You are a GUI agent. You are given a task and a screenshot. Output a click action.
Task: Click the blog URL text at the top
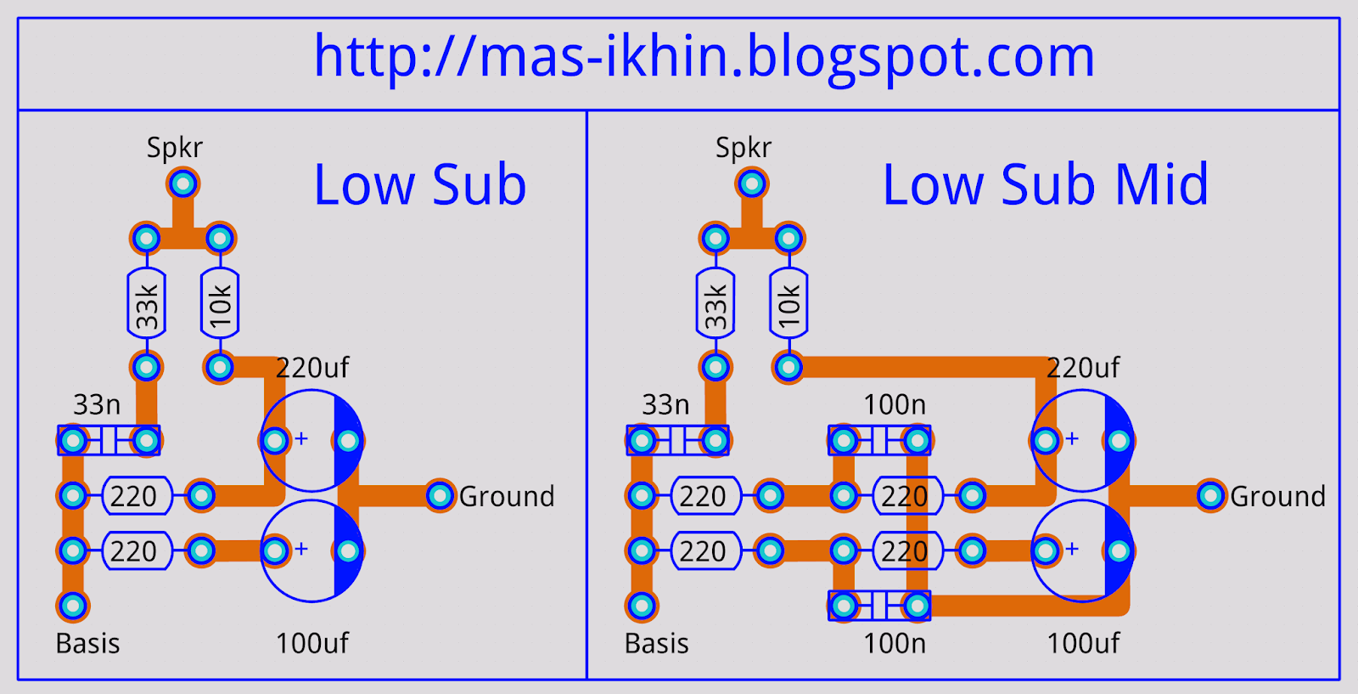tap(704, 57)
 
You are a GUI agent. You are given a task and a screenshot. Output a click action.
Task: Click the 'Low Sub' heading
tap(420, 184)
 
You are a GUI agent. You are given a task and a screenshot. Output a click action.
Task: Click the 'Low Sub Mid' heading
tap(1045, 184)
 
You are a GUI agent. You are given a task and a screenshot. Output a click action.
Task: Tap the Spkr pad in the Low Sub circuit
tap(182, 183)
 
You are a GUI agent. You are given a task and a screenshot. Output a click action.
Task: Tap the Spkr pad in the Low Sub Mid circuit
tap(751, 183)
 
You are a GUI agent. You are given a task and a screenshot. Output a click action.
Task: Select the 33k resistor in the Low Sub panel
tap(146, 303)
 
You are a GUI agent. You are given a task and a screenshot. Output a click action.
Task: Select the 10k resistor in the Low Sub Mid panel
tap(788, 303)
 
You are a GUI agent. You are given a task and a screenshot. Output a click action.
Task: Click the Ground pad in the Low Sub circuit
tap(440, 495)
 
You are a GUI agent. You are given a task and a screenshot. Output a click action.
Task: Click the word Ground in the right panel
tap(1277, 496)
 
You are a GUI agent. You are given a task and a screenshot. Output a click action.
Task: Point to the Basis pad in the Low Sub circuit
tap(73, 606)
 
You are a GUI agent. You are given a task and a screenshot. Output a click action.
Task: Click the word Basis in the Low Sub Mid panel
tap(656, 644)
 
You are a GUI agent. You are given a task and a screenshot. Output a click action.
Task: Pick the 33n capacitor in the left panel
tap(109, 441)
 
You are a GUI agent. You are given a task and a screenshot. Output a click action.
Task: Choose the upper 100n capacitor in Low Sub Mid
tap(879, 441)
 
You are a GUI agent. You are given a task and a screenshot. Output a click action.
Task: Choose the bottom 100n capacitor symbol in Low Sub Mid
tap(879, 606)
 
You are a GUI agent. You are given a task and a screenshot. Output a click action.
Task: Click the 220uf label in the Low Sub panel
tap(312, 368)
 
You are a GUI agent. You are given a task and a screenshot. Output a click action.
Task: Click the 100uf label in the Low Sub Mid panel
tap(1083, 644)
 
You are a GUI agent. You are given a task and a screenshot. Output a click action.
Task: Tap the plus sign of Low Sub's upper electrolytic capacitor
tap(301, 439)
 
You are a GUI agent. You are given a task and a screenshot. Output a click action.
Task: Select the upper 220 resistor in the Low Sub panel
tap(136, 496)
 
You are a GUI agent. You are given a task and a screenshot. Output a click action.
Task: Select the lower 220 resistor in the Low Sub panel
tap(136, 551)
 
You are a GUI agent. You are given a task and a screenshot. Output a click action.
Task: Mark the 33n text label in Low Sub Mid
tap(665, 404)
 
